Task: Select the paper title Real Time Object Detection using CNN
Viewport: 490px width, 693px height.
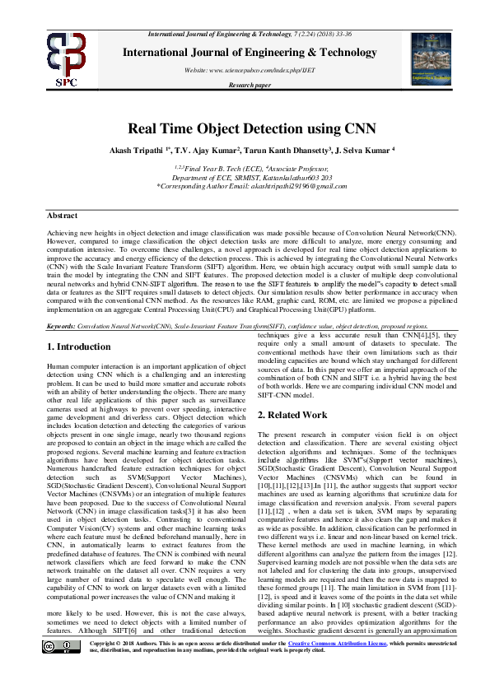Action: (245, 128)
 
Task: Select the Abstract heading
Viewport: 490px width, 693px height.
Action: (63, 215)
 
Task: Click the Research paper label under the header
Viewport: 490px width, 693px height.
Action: (250, 85)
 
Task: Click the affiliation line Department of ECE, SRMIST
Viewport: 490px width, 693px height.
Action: (245, 177)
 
